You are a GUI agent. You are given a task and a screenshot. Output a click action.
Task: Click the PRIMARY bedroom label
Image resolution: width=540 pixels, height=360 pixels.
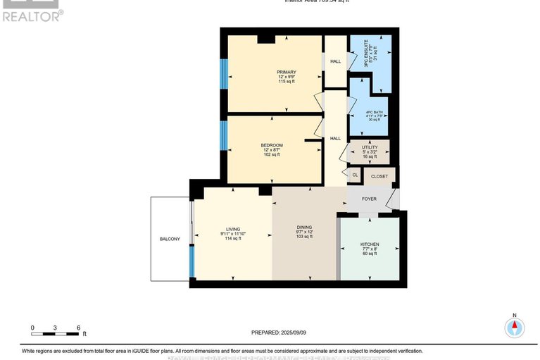(x=286, y=72)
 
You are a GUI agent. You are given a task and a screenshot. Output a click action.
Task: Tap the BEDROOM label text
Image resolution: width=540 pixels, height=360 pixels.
(x=272, y=145)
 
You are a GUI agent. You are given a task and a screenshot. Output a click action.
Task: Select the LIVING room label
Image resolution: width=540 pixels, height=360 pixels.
(x=232, y=229)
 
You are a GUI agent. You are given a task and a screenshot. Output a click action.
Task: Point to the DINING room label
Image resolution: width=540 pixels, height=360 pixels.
(x=304, y=228)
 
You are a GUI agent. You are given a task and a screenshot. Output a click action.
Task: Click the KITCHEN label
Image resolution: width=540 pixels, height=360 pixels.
(x=369, y=244)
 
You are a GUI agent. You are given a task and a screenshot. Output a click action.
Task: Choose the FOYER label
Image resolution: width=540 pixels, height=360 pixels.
(x=369, y=199)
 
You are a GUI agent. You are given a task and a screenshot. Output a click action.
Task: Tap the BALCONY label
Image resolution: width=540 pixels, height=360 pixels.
(x=169, y=239)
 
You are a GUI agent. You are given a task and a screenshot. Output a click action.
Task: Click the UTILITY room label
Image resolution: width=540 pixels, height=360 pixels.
(x=370, y=147)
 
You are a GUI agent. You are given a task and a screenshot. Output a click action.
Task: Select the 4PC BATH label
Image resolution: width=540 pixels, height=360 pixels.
(x=374, y=113)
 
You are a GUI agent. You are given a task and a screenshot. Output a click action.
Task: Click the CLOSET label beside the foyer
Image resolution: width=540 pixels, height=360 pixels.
(x=379, y=176)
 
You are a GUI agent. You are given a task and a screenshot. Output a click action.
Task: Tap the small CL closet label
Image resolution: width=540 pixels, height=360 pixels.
(x=355, y=175)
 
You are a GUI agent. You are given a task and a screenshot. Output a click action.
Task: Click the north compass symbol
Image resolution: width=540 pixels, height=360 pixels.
(x=515, y=327)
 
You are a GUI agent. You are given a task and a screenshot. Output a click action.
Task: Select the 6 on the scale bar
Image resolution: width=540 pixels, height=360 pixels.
(x=78, y=328)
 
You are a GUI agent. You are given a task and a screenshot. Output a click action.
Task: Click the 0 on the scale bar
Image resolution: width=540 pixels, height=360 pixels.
(x=32, y=328)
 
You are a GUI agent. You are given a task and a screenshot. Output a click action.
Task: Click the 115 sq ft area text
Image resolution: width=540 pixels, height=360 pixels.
(x=286, y=82)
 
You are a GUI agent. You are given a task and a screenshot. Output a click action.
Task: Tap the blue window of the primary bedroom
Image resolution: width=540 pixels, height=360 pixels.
(x=223, y=73)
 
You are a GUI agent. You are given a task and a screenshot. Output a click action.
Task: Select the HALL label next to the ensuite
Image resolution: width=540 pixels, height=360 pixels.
(x=335, y=62)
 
